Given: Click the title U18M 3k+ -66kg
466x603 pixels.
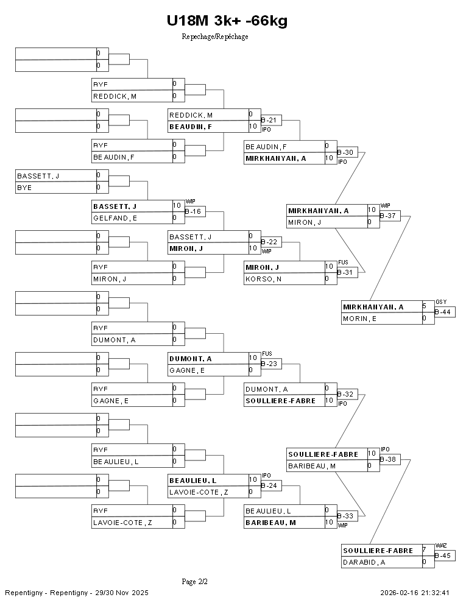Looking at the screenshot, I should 227,21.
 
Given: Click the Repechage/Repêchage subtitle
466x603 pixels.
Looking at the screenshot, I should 214,37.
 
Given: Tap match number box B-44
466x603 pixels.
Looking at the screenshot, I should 445,312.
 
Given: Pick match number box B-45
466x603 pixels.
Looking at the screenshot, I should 445,555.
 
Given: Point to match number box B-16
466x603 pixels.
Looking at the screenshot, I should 194,212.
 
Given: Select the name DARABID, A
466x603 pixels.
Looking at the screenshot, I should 364,562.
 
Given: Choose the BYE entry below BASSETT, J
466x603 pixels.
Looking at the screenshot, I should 24,188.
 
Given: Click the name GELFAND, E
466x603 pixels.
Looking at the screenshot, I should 115,218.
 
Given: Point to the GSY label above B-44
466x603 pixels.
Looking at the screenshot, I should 441,302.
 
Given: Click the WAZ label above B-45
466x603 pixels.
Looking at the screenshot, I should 441,546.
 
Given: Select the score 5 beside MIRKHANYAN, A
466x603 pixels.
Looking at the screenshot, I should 424,306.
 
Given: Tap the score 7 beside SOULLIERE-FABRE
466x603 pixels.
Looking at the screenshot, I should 424,550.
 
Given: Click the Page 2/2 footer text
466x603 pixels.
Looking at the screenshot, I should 195,582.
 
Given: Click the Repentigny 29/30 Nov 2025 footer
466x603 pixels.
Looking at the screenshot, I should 77,593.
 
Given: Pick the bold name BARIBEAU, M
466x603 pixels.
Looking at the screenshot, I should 270,523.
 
